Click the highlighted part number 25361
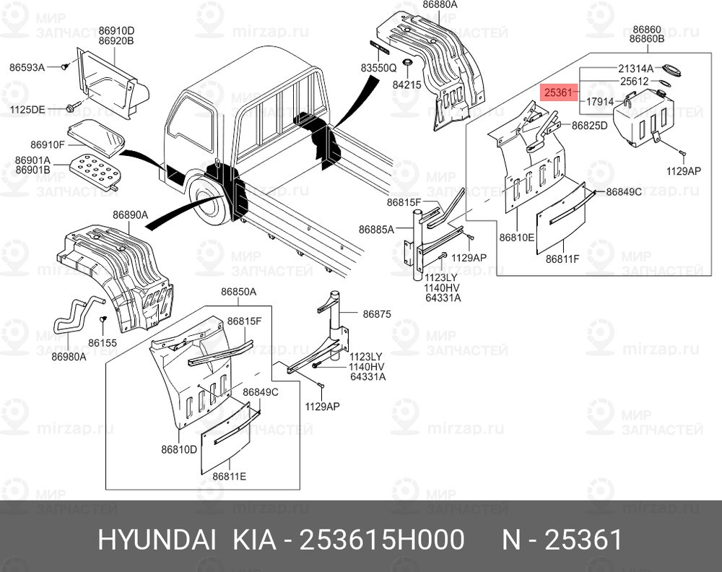[558, 92]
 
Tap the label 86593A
[27, 67]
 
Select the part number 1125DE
[27, 109]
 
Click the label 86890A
[130, 214]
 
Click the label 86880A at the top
[440, 4]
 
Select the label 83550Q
[379, 68]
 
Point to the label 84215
[406, 84]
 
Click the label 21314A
[635, 68]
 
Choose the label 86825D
[590, 126]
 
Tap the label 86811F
[563, 259]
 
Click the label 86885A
[376, 230]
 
